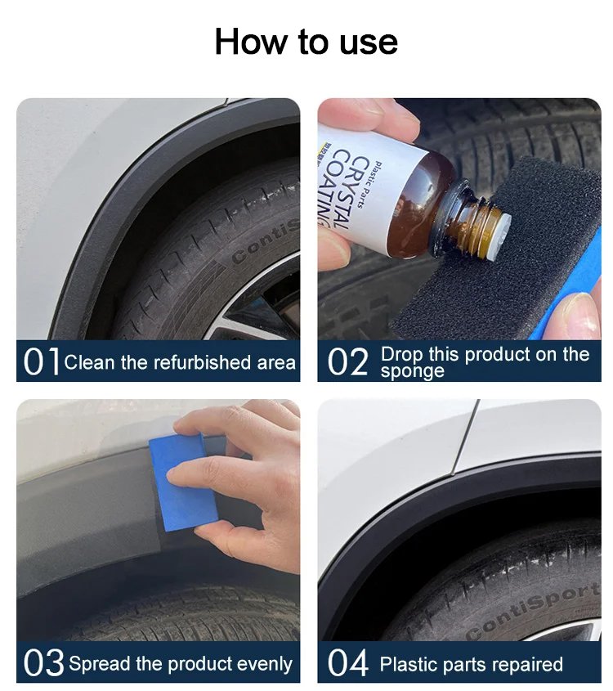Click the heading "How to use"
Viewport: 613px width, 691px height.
click(x=306, y=42)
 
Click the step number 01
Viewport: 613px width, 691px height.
click(x=41, y=361)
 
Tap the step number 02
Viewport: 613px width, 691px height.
click(x=347, y=361)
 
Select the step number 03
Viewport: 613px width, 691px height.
click(x=43, y=662)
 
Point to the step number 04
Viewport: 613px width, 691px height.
click(x=347, y=662)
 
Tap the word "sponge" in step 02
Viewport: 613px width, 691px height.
click(x=412, y=371)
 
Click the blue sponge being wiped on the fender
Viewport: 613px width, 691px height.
click(x=184, y=482)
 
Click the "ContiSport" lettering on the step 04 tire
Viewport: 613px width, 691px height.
click(x=534, y=610)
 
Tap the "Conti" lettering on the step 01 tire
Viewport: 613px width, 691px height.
click(x=266, y=241)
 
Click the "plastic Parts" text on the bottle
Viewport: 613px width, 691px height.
click(x=367, y=184)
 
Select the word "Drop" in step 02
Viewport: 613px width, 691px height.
click(x=401, y=355)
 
